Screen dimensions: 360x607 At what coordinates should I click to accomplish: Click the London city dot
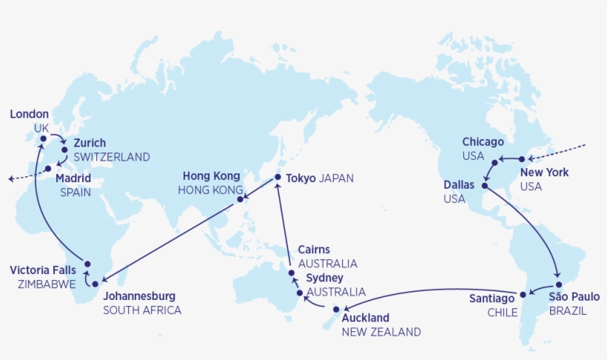tap(43, 139)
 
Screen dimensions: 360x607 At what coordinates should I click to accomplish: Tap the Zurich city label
tap(90, 143)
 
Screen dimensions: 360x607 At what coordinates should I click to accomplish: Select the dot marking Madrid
tap(48, 168)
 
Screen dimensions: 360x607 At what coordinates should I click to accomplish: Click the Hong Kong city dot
tap(240, 199)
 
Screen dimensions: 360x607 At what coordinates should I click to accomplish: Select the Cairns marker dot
tap(292, 273)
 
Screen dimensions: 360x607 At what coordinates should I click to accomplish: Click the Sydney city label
tap(325, 278)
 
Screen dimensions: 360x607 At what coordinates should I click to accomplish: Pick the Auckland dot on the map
tap(336, 309)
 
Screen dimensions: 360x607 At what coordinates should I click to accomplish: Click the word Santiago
tap(492, 299)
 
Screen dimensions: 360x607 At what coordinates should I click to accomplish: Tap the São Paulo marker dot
tap(559, 285)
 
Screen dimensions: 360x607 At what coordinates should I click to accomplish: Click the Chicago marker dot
tap(494, 161)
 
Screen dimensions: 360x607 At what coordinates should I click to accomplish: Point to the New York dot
tap(522, 159)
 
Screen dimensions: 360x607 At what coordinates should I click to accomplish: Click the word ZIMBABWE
tap(41, 284)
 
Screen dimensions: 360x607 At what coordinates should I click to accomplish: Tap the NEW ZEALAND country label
tap(381, 332)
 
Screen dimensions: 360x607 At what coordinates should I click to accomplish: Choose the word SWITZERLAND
tap(112, 157)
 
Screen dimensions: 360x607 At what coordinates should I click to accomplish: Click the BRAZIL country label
tap(568, 311)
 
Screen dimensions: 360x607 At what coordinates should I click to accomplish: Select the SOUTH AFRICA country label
tap(142, 310)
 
